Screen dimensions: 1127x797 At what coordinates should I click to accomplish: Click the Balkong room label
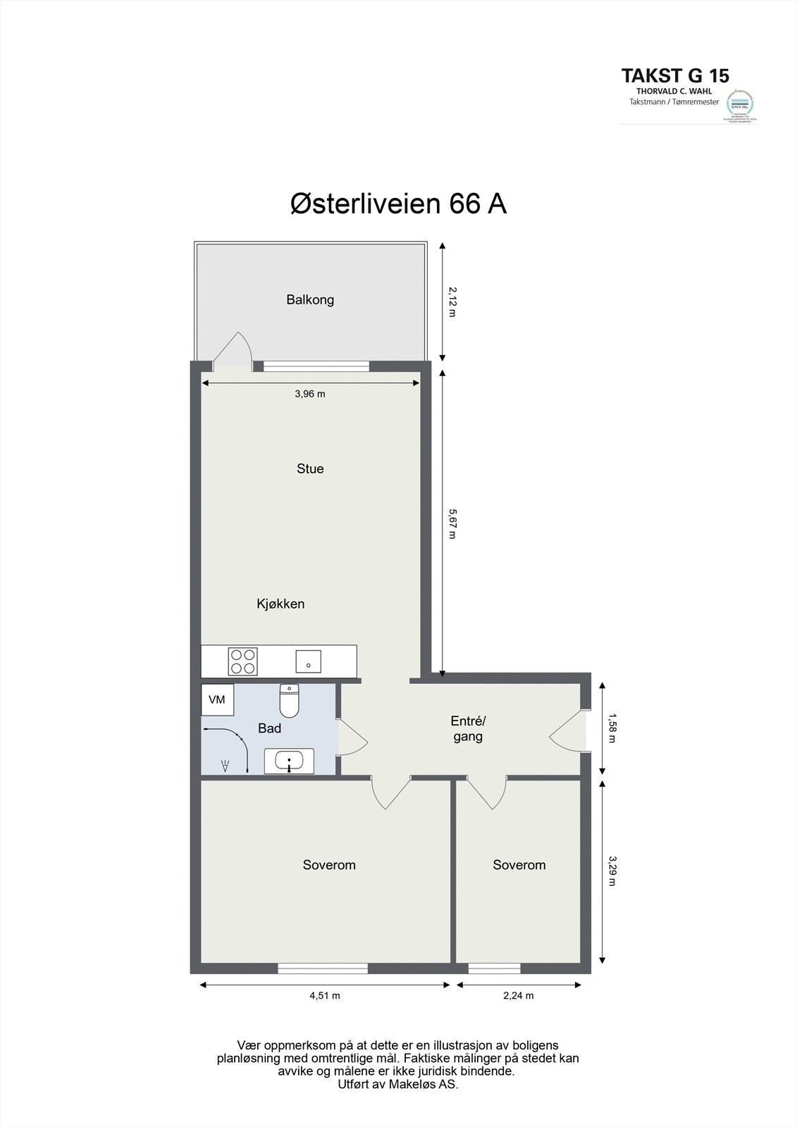click(x=310, y=299)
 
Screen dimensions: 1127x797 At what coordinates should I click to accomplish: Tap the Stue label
click(x=310, y=468)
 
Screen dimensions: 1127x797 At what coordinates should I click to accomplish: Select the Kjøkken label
click(x=280, y=604)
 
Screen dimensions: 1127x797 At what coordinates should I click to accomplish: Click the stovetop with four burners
click(x=243, y=661)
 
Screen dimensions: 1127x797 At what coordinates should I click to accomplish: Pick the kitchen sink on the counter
click(x=308, y=661)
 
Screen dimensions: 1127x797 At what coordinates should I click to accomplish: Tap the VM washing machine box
click(x=217, y=699)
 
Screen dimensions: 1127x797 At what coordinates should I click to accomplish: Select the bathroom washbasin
click(x=289, y=761)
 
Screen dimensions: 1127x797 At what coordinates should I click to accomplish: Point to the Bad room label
click(x=269, y=728)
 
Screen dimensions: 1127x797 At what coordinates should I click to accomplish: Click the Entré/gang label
click(x=468, y=728)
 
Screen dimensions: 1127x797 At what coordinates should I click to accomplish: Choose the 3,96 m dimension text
click(x=310, y=394)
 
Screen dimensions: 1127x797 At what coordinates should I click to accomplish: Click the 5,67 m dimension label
click(x=452, y=524)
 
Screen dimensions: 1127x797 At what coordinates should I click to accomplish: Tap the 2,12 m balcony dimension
click(x=452, y=301)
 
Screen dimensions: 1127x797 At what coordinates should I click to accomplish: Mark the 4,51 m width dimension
click(x=325, y=995)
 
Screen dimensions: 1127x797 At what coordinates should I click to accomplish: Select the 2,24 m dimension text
click(x=519, y=995)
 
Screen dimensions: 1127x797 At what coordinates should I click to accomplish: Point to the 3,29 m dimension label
click(x=612, y=871)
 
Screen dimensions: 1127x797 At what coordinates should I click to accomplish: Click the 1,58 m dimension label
click(x=612, y=728)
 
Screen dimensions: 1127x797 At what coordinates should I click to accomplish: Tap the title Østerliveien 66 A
click(x=398, y=204)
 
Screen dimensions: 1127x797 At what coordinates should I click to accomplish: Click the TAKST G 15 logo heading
click(x=674, y=75)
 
